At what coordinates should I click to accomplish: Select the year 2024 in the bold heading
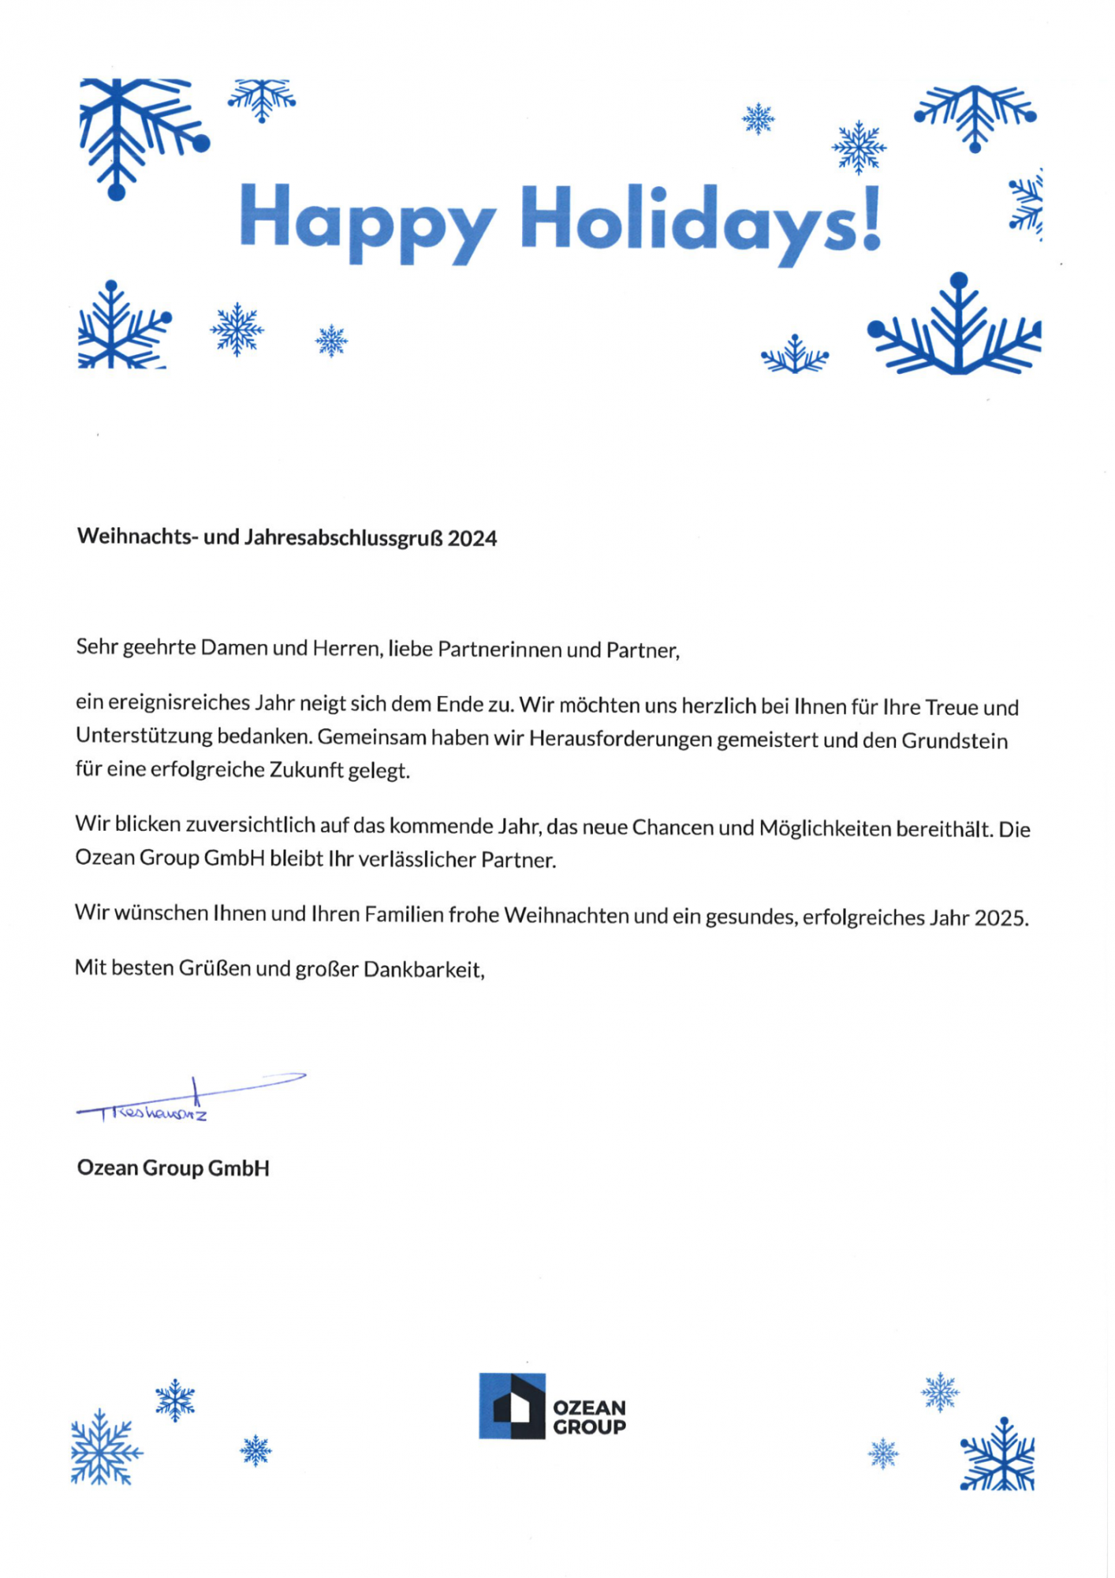pos(472,539)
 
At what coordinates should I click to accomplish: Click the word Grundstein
pos(954,741)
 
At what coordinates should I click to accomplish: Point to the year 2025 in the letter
pos(1001,918)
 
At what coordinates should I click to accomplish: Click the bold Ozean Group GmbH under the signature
pos(173,1169)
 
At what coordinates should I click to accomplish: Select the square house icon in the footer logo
pos(512,1407)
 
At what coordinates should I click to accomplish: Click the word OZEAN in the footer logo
pos(589,1408)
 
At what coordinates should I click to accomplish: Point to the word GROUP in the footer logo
pos(589,1427)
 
